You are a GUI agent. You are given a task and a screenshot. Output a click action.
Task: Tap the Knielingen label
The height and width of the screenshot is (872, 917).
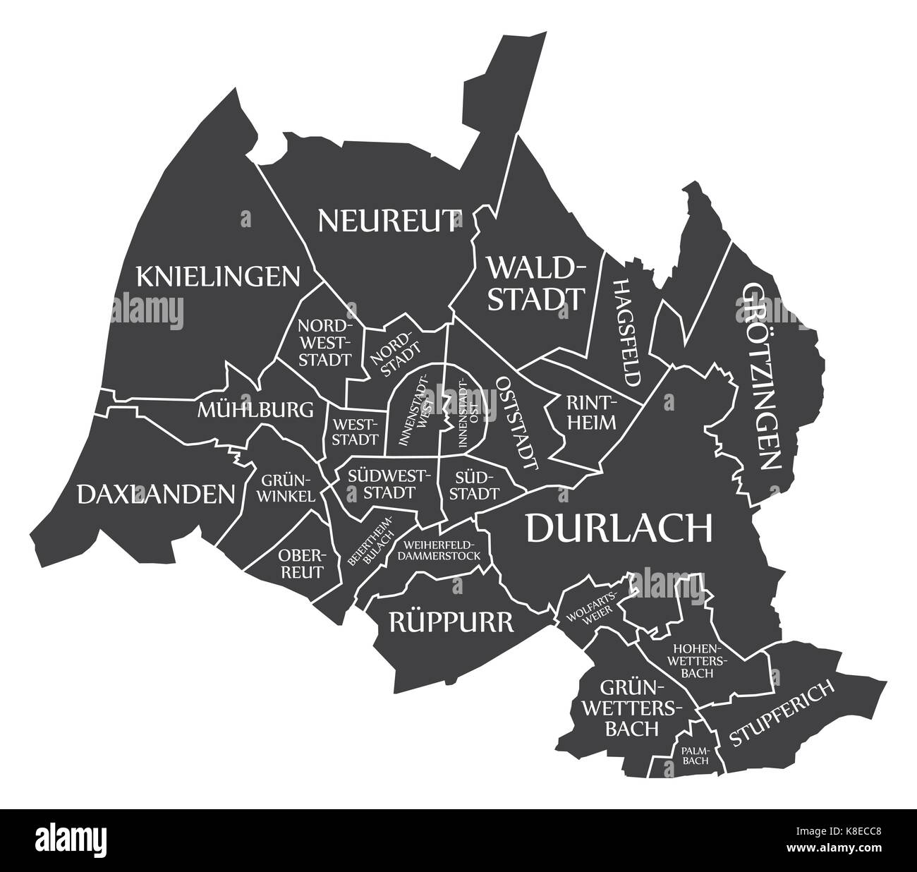coord(218,277)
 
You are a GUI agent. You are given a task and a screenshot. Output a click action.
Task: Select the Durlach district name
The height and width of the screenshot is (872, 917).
coord(619,528)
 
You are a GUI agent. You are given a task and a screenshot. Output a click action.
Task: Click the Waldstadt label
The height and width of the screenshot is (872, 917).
coord(537,284)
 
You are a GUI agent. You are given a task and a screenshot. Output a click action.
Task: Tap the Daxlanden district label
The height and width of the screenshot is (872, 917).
coord(155,494)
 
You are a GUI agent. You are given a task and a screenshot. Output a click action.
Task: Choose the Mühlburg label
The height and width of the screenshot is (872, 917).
coord(255,409)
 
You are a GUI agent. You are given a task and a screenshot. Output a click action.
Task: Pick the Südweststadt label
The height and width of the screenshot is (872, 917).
coord(381,483)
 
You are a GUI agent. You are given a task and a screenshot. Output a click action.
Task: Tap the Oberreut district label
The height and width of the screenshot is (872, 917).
coord(301,563)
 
